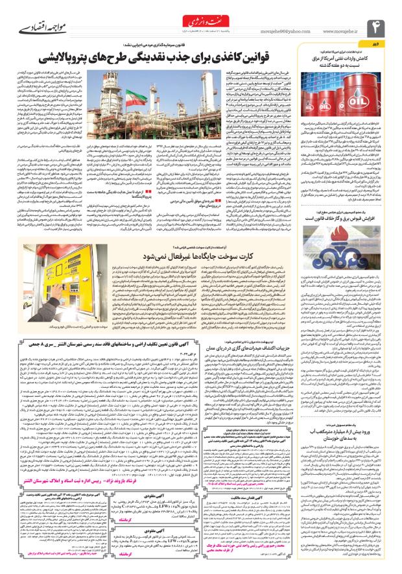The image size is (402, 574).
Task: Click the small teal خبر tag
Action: click(x=388, y=44)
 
